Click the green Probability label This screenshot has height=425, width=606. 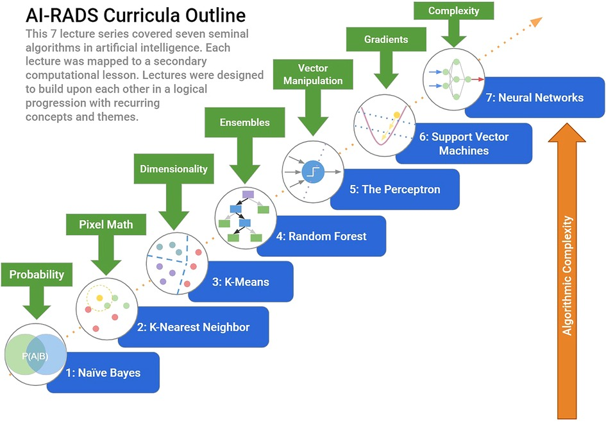point(37,274)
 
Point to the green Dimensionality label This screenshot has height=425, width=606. point(174,169)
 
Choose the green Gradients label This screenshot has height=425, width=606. point(386,39)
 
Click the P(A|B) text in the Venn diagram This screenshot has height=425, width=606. point(35,355)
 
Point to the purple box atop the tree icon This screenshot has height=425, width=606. point(248,194)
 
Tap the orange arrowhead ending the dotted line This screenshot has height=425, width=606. point(535,22)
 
